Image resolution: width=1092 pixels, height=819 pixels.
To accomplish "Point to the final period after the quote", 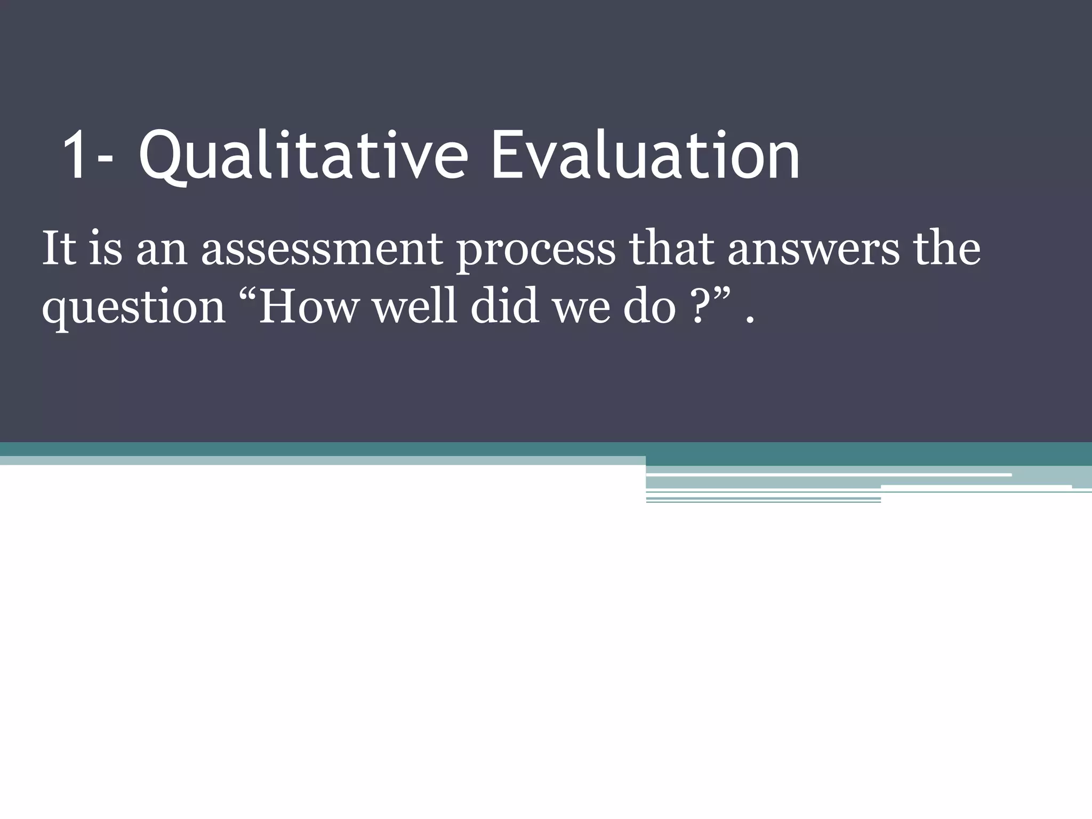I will [x=751, y=320].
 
